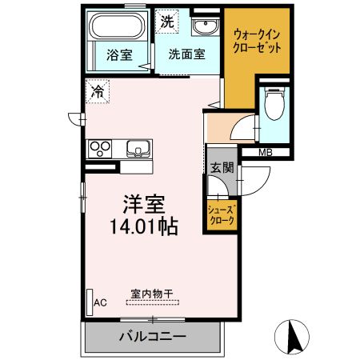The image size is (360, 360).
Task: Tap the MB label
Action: pos(264,152)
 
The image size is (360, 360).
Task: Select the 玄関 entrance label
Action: pos(222,167)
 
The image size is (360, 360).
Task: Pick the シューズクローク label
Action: pos(221,215)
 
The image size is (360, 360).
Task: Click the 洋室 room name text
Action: pos(144,203)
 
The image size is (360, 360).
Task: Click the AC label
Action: pos(101,302)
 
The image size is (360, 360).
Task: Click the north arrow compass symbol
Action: pos(295,335)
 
